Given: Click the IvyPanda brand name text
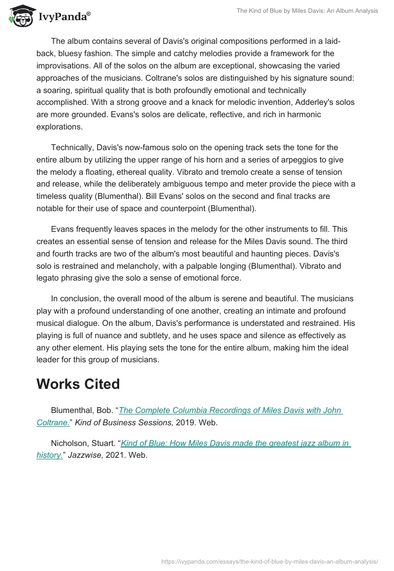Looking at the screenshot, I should (64, 17).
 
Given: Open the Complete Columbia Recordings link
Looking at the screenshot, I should (230, 411).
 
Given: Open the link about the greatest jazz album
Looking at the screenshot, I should (235, 443).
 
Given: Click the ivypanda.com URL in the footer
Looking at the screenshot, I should (270, 561).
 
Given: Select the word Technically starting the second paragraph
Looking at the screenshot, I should (73, 148).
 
